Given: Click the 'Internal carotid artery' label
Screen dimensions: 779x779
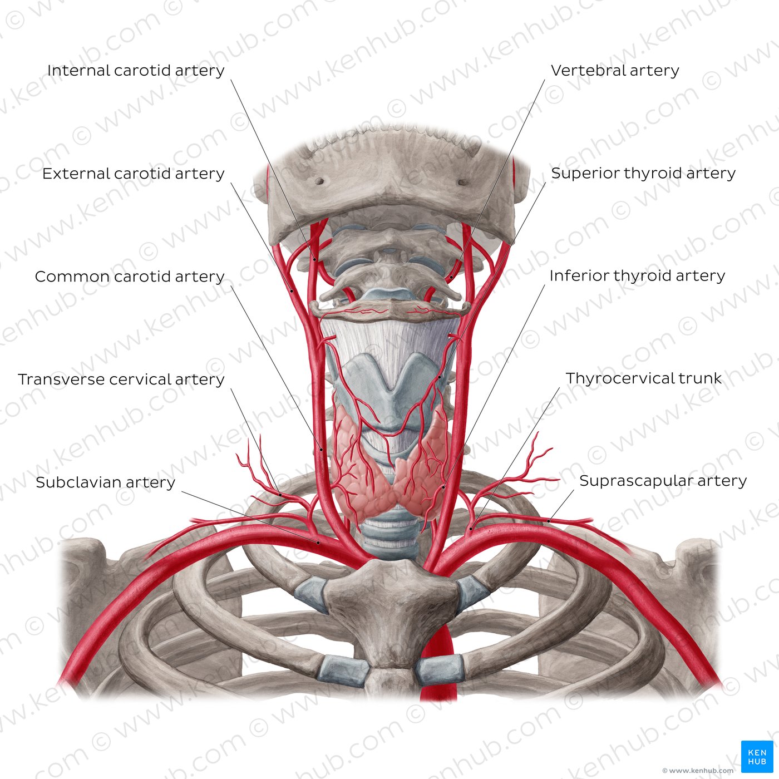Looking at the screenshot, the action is pos(136,71).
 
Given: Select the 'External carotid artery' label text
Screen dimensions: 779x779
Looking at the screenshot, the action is pos(134,174).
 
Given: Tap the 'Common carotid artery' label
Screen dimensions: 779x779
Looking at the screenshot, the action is pos(130,277).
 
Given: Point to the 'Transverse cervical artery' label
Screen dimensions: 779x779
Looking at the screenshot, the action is pos(121,379).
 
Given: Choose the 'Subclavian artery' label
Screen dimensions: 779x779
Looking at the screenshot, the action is pos(106,482).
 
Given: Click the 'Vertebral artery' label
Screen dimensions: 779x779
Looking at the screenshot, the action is pos(615,71).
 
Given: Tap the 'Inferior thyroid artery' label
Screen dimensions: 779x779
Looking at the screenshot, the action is pos(637,276).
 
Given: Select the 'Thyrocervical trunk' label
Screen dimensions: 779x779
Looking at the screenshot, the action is pos(644,378).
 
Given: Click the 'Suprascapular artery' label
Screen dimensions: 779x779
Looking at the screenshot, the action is pos(663,481).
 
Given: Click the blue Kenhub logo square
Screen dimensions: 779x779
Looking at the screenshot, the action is pos(757,756).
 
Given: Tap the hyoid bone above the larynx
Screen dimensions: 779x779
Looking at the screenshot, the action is pos(390,310).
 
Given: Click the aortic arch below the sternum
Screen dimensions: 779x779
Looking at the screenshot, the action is pos(438,663).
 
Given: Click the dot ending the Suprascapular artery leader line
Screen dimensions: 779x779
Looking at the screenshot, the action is pos(549,521).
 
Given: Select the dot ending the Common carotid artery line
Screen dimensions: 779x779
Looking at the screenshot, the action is pos(322,449).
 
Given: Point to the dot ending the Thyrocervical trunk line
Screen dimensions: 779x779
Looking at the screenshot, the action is pos(471,529).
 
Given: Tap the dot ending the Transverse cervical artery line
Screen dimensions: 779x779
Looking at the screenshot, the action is pos(280,495).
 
